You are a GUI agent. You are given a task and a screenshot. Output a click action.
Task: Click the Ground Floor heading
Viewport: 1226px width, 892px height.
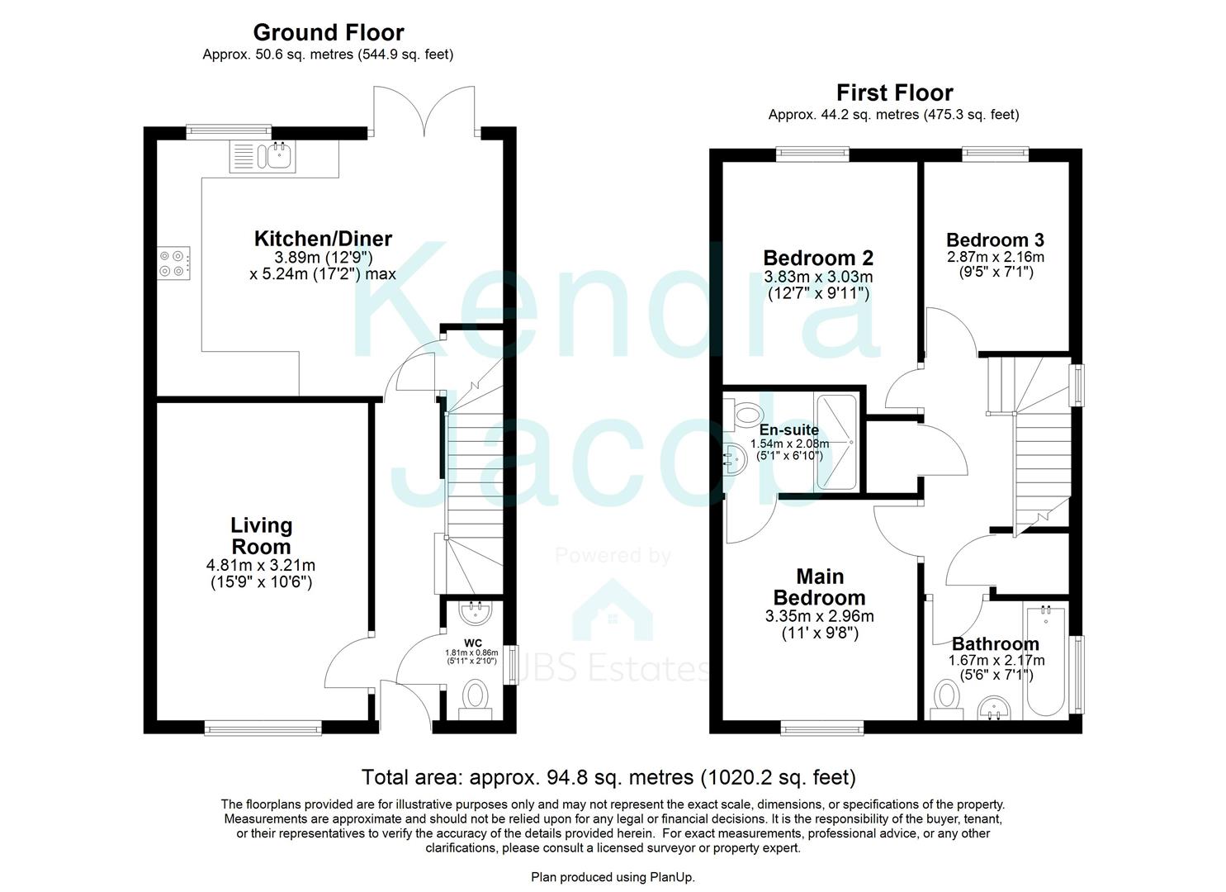[x=328, y=32]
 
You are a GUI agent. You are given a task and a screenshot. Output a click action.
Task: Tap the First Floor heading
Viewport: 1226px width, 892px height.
[x=894, y=93]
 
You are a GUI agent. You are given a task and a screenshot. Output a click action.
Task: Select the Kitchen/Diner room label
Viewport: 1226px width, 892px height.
[x=322, y=239]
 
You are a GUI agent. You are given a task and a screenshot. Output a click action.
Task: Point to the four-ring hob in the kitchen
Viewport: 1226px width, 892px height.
[x=175, y=263]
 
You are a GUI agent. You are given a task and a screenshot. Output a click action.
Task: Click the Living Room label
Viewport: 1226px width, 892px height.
[x=261, y=536]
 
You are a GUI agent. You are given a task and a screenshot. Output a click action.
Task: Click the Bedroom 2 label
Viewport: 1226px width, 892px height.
[x=817, y=258]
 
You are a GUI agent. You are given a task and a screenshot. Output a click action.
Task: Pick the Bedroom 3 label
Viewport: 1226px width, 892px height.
[x=995, y=240]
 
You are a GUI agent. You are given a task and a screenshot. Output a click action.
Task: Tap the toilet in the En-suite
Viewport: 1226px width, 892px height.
[x=745, y=412]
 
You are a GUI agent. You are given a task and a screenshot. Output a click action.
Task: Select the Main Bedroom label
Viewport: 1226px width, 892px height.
[x=819, y=587]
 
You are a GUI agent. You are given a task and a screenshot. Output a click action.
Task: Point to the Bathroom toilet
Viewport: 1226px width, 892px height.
[x=944, y=697]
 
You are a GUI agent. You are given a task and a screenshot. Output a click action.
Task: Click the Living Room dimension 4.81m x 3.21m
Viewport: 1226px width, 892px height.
[x=261, y=566]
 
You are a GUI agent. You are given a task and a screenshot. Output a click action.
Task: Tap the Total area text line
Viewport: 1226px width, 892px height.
[x=608, y=777]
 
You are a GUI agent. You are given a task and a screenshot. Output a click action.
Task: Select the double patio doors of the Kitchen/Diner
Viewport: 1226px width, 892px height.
[x=424, y=111]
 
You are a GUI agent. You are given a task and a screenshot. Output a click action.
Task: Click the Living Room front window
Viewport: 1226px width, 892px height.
[x=263, y=728]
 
